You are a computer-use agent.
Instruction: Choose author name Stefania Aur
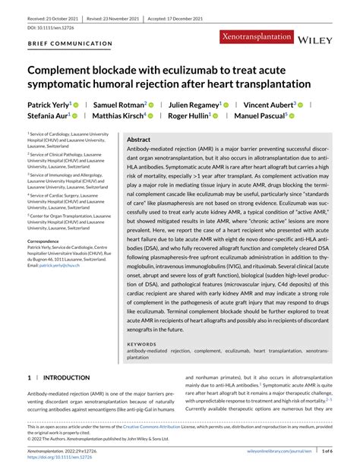[x=49, y=115]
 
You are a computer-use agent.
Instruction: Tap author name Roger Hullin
[x=189, y=115]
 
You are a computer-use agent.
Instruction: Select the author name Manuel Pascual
[x=257, y=115]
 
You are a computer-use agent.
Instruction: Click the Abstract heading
[x=138, y=140]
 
